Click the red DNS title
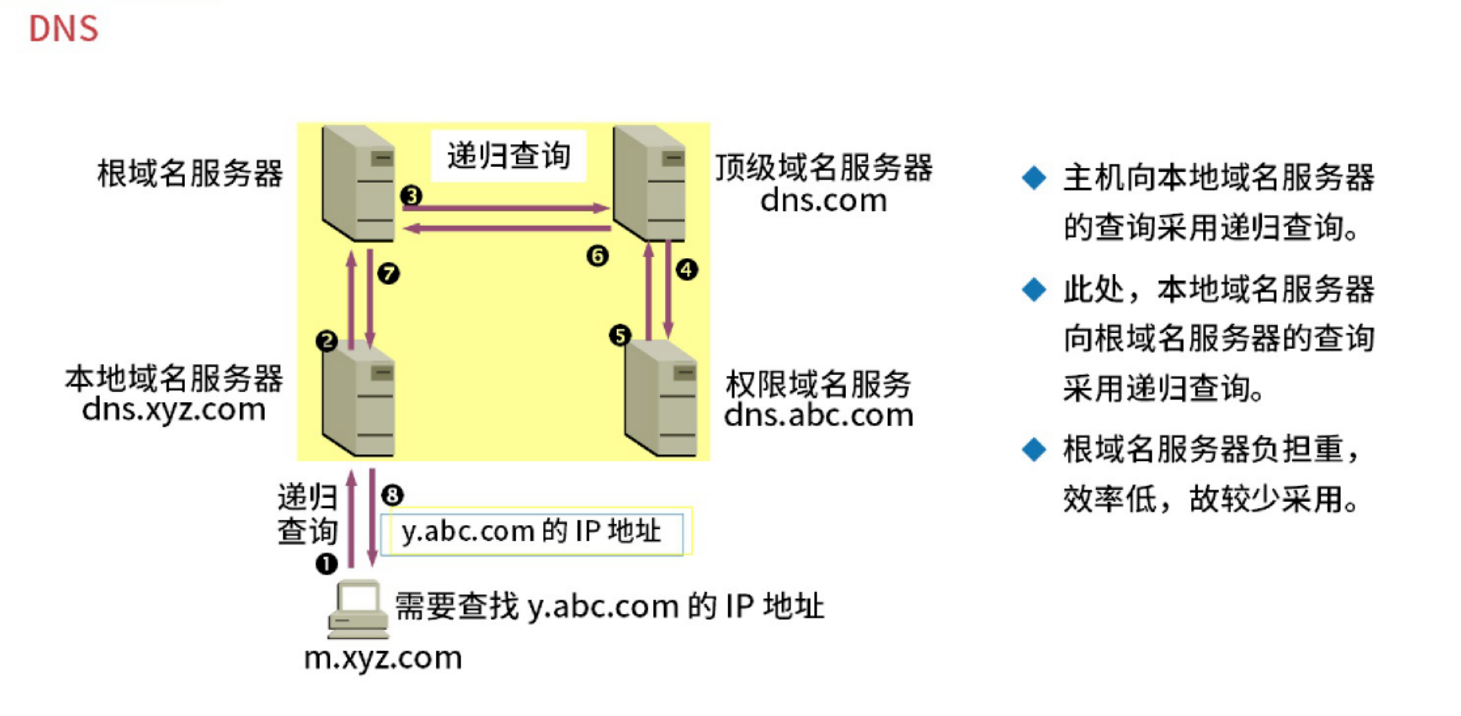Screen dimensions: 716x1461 tap(63, 29)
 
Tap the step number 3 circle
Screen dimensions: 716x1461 tap(411, 195)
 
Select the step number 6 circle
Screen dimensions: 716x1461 tap(597, 256)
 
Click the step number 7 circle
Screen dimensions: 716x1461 tap(388, 273)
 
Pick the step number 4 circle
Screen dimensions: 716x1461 tap(686, 269)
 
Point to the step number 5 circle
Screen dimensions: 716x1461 tap(619, 335)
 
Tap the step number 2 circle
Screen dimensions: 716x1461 tap(327, 341)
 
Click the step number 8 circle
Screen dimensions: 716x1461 tap(392, 494)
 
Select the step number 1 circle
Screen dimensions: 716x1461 tap(326, 563)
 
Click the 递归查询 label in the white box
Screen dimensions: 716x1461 tap(509, 156)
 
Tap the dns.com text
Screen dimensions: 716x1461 tap(824, 200)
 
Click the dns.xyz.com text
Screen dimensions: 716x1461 tap(174, 409)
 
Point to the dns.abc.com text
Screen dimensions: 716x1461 tap(819, 415)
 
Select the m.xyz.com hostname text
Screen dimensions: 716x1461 tap(383, 658)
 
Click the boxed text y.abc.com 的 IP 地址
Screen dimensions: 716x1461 tap(531, 532)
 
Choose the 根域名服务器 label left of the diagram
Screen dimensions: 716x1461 tap(190, 173)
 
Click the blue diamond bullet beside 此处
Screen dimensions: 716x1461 tap(1034, 289)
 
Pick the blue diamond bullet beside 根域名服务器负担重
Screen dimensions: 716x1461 tap(1034, 449)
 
